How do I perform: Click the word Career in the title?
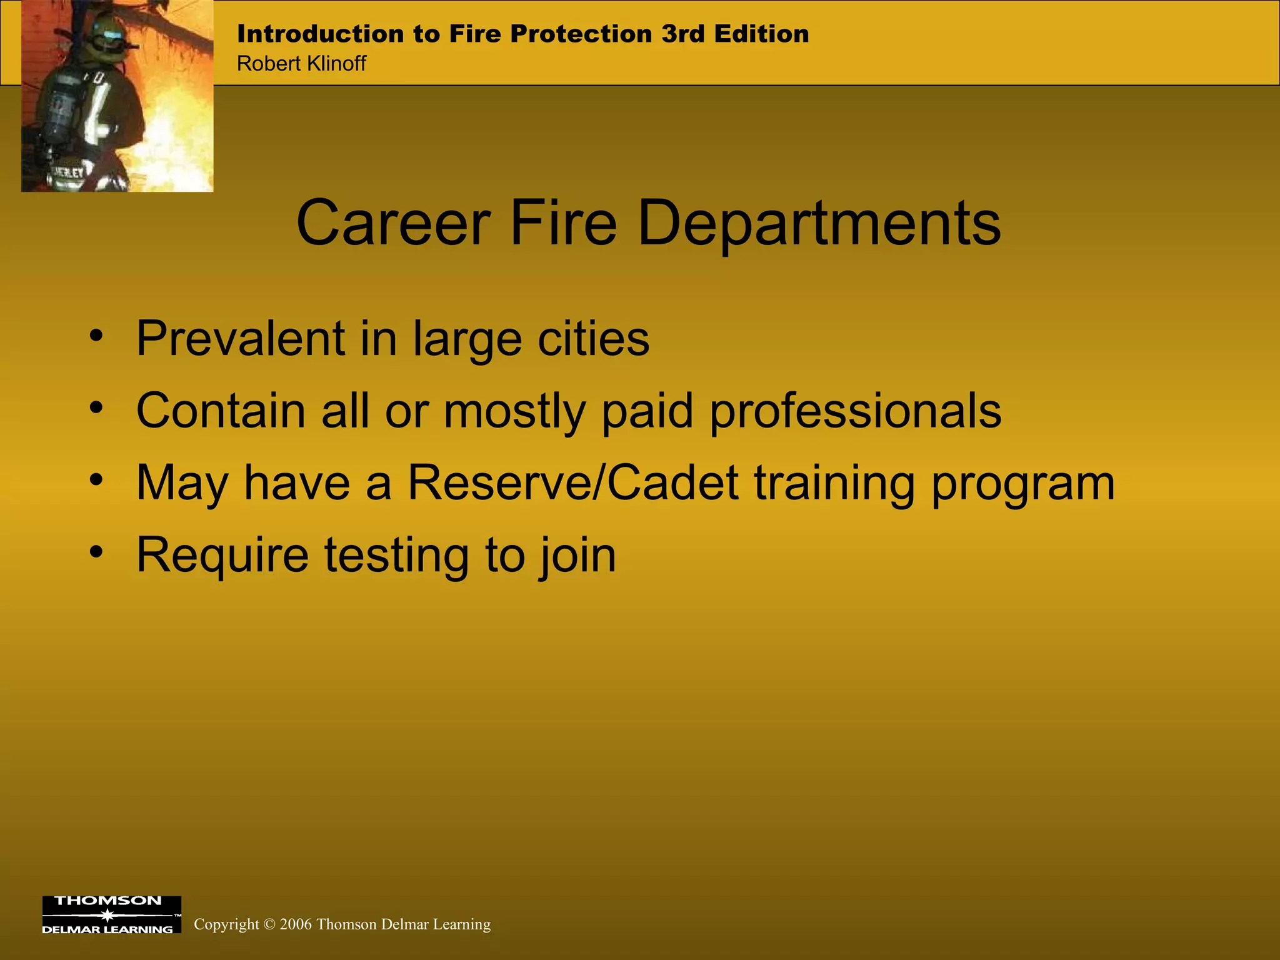click(393, 223)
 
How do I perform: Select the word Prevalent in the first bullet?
click(241, 338)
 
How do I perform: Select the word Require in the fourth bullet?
click(222, 555)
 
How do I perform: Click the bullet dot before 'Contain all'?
click(96, 408)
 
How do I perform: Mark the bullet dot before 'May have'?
click(96, 480)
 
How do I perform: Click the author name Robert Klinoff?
click(301, 64)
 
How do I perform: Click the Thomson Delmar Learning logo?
click(111, 914)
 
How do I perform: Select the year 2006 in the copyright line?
click(296, 924)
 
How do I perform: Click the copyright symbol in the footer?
click(269, 924)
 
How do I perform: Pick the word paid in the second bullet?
click(647, 411)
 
